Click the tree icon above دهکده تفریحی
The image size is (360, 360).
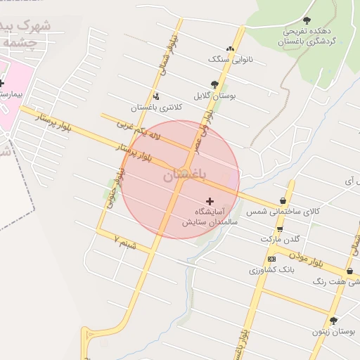pyautogui.click(x=307, y=20)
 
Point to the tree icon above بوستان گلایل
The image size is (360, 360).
pyautogui.click(x=214, y=84)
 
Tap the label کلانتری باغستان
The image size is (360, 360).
pyautogui.click(x=156, y=108)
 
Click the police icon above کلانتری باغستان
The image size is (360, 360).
pyautogui.click(x=156, y=96)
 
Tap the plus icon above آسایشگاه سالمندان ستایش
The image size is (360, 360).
pyautogui.click(x=210, y=201)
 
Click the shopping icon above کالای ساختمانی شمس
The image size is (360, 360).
pyautogui.click(x=283, y=200)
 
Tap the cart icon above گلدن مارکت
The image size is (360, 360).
pyautogui.click(x=280, y=229)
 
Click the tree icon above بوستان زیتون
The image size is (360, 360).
pyautogui.click(x=333, y=320)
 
